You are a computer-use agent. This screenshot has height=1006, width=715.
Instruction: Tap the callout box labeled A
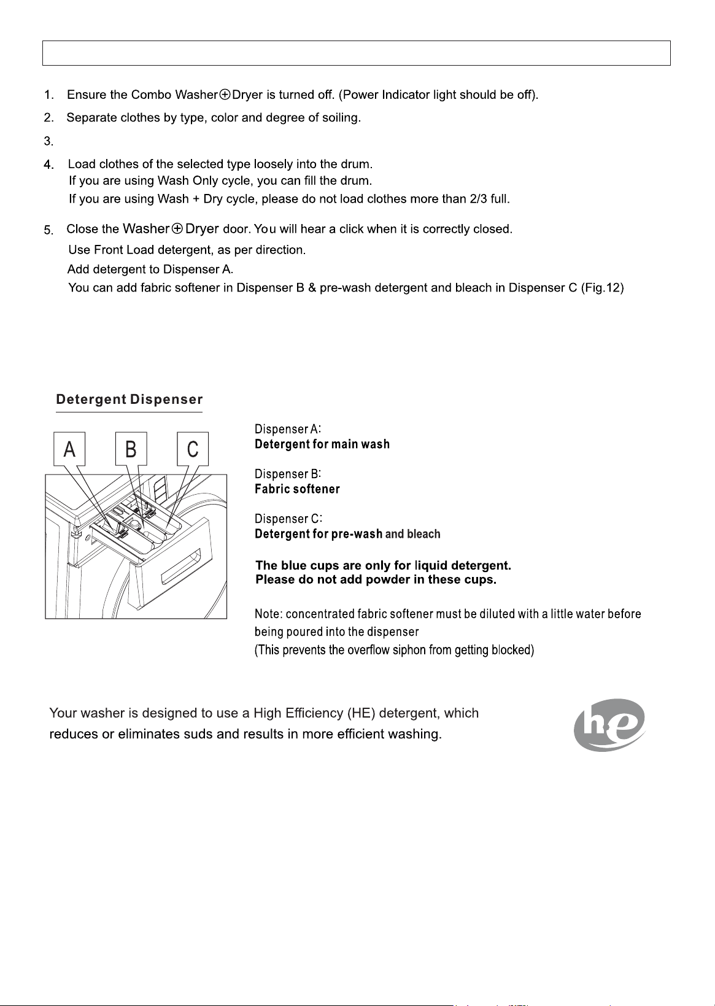click(x=69, y=449)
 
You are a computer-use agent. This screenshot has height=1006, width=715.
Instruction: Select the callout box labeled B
click(x=131, y=449)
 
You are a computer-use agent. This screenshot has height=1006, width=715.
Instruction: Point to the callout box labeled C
click(x=193, y=449)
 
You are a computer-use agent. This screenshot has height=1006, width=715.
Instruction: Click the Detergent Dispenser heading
click(x=129, y=399)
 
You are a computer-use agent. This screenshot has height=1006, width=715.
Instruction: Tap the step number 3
click(x=48, y=141)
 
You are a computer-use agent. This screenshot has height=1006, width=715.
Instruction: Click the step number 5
click(x=48, y=230)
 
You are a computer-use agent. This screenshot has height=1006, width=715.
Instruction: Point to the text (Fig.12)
click(x=602, y=287)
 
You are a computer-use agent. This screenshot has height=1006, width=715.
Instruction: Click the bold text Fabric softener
click(x=297, y=489)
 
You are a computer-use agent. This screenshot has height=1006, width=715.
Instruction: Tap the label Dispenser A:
click(x=287, y=429)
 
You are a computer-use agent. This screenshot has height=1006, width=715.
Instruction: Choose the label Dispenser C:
click(x=288, y=519)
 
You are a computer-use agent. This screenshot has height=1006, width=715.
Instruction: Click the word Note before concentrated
click(x=267, y=613)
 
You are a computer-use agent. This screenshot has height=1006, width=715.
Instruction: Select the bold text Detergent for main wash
click(x=322, y=444)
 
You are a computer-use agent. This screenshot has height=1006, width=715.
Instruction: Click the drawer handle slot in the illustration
click(x=180, y=567)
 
